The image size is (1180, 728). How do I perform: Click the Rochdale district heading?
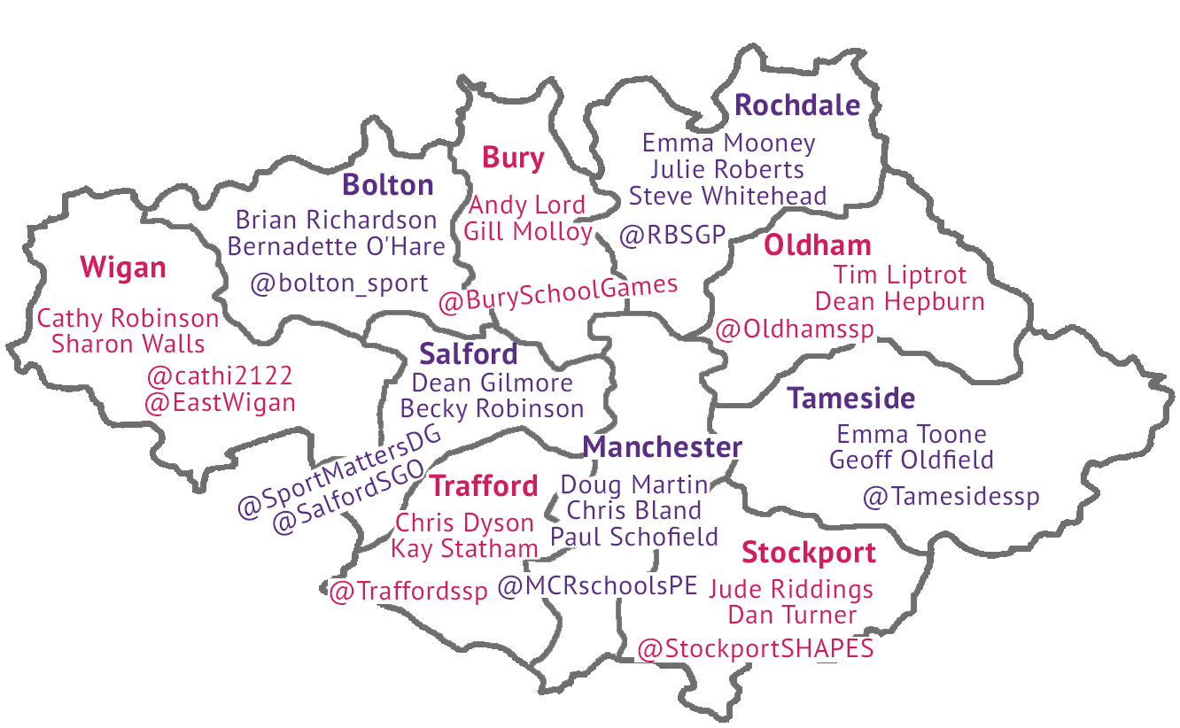tap(797, 105)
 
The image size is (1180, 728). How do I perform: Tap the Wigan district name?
tap(123, 267)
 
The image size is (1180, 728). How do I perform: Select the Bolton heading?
tap(388, 185)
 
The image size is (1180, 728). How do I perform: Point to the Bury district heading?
tap(513, 159)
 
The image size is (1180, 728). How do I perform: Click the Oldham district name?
tap(818, 245)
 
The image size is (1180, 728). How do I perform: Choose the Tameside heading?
tap(851, 399)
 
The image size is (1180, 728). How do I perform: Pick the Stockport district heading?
tap(809, 553)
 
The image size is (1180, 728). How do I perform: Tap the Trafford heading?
tap(484, 486)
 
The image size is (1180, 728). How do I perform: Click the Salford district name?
tap(469, 354)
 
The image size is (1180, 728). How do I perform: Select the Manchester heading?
tap(663, 447)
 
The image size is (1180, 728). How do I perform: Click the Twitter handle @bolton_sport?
tap(339, 284)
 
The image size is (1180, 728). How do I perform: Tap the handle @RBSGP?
tap(672, 236)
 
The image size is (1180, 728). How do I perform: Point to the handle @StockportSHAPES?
tap(756, 649)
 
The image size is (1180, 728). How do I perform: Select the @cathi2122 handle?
tap(220, 376)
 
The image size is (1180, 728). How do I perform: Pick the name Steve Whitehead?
tap(727, 196)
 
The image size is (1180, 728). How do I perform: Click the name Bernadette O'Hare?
tap(336, 246)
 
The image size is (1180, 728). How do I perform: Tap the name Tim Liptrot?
tap(900, 275)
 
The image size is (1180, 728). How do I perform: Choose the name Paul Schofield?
tap(633, 537)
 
